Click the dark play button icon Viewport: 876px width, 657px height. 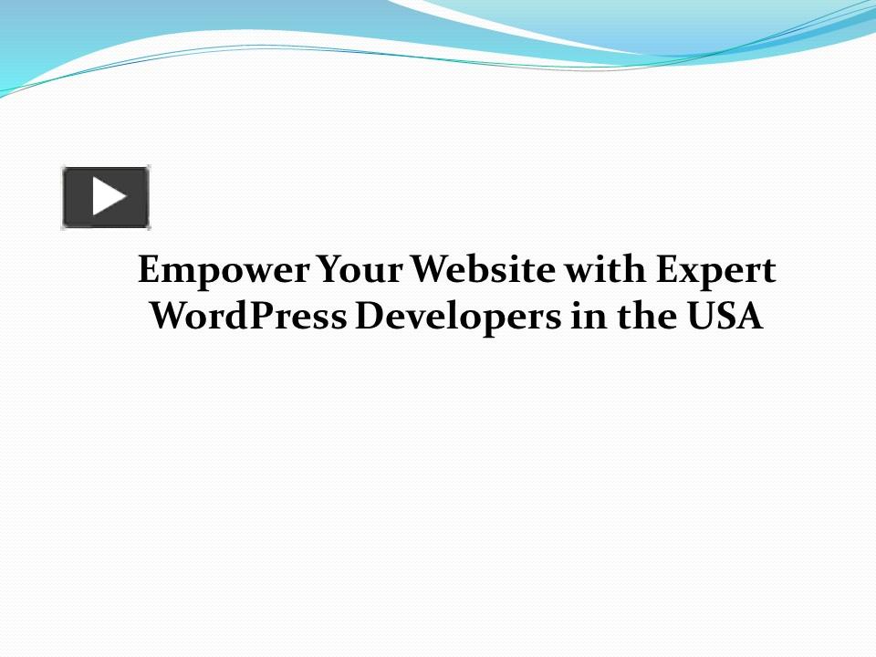coord(106,197)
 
